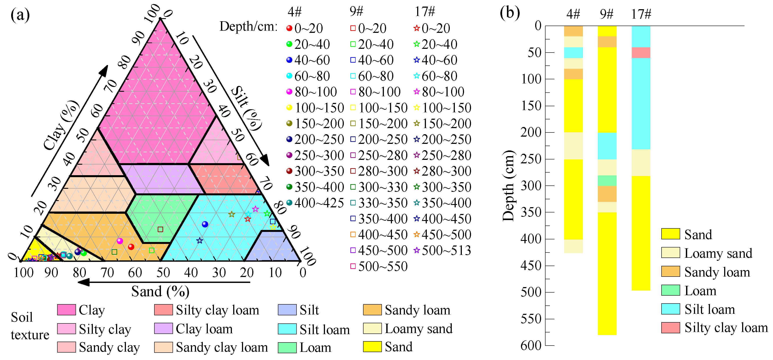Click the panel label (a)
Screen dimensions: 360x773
[x=20, y=15]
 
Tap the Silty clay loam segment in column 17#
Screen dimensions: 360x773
[x=641, y=53]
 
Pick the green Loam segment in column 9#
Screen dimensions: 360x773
[x=607, y=181]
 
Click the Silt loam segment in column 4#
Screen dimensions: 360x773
[x=573, y=53]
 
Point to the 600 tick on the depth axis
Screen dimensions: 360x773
[x=531, y=346]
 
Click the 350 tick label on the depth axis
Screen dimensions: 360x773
[x=531, y=212]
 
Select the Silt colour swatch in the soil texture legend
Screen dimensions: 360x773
[x=287, y=310]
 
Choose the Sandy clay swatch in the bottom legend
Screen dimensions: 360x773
[x=66, y=347]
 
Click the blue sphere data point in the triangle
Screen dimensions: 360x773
[x=205, y=224]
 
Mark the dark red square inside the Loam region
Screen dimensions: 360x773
[x=160, y=229]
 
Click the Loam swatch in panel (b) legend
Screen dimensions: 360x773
[x=670, y=290]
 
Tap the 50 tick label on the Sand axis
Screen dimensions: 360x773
[x=163, y=273]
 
